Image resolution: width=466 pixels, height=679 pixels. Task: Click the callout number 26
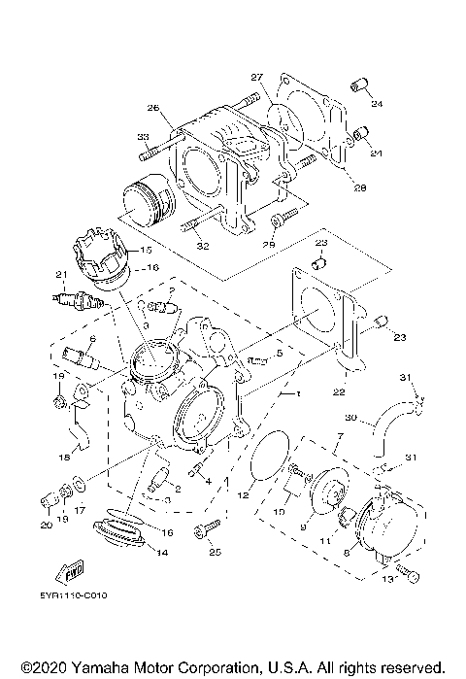[152, 107]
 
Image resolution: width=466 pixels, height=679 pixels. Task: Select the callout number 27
[256, 78]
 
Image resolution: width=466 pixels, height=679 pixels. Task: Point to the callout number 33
[142, 136]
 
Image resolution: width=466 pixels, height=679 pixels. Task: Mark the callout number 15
[147, 250]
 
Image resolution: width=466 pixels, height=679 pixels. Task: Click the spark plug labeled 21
[77, 297]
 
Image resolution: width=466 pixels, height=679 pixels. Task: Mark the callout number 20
[45, 526]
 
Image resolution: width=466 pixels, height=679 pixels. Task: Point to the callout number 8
[347, 551]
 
